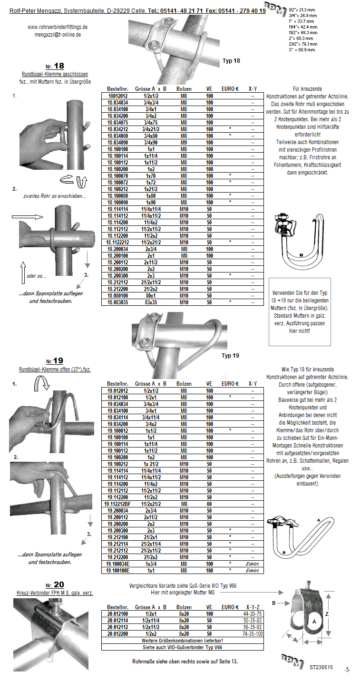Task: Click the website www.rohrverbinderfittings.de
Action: point(58,27)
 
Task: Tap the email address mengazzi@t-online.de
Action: point(58,35)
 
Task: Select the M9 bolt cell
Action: point(184,142)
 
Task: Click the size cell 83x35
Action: point(151,302)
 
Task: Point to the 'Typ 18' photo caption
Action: point(231,61)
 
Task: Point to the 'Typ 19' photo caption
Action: point(230,355)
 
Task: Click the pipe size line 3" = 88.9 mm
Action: point(301,49)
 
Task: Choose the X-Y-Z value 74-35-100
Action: point(253,634)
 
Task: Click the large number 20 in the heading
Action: point(58,584)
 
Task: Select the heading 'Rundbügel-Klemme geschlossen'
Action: point(55,74)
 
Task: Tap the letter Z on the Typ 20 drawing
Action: point(326,613)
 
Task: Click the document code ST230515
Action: point(321,667)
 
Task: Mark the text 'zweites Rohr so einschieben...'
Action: point(55,196)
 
